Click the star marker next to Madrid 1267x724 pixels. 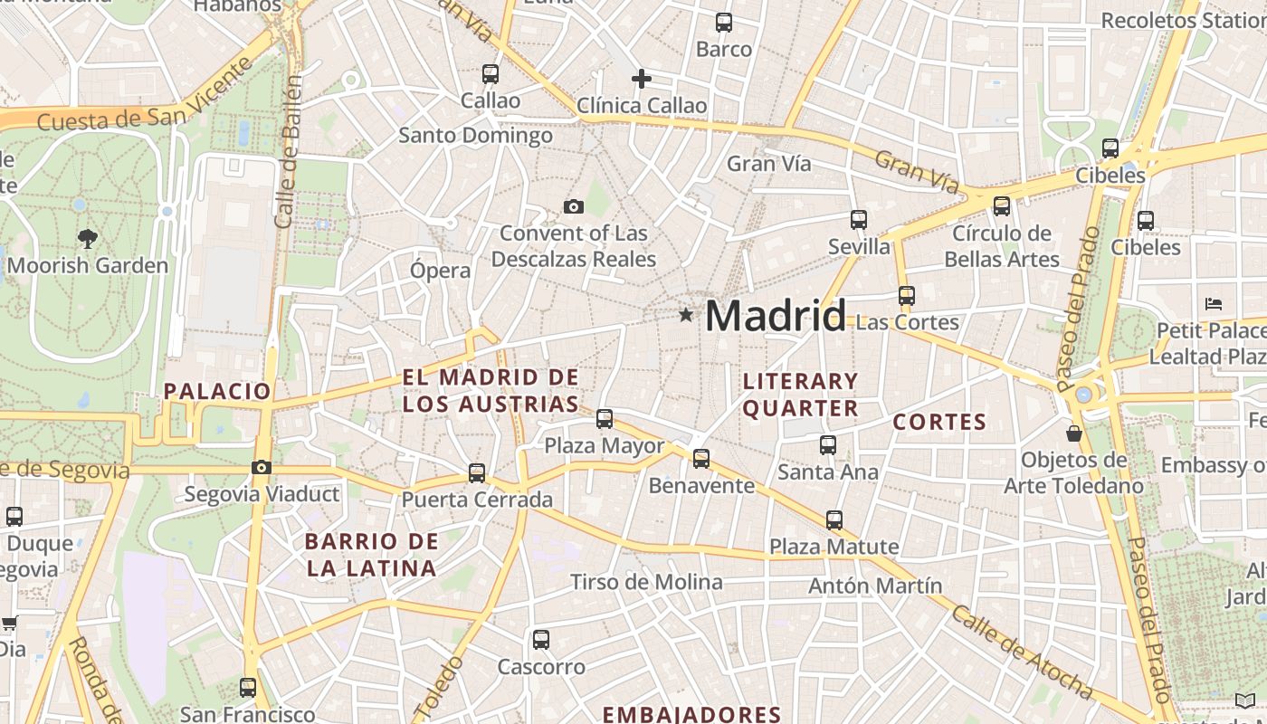click(686, 315)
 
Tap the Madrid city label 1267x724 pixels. click(776, 316)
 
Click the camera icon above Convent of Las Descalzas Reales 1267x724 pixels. click(573, 207)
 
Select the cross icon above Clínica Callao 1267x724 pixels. click(642, 79)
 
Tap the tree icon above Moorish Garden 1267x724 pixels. click(88, 239)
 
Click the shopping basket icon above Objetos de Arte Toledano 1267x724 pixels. click(1074, 433)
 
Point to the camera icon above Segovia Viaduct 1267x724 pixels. click(262, 467)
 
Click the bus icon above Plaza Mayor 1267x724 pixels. click(605, 419)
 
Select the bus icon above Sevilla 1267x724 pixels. click(859, 220)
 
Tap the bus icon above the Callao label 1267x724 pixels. click(491, 74)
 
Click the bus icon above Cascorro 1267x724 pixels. click(541, 640)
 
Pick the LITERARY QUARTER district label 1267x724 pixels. click(800, 395)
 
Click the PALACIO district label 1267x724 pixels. click(217, 391)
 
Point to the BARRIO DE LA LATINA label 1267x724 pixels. click(372, 555)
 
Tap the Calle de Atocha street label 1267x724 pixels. click(1020, 650)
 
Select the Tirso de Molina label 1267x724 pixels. click(646, 582)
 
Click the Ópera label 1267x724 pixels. click(441, 271)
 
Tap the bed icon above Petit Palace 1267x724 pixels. click(1214, 304)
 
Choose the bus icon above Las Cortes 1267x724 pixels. click(907, 295)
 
